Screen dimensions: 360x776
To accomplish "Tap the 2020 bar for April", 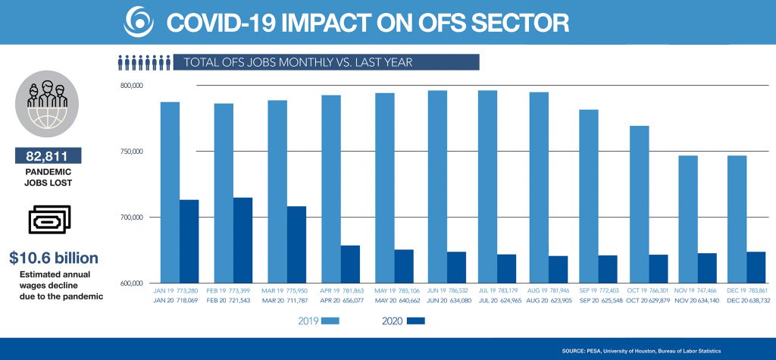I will click(350, 264).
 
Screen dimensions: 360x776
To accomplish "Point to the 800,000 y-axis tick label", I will click(132, 86).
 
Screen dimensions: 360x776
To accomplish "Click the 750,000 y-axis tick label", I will click(132, 152).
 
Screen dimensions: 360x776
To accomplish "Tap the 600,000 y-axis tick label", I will click(132, 283).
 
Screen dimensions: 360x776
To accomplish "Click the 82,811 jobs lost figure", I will click(48, 157).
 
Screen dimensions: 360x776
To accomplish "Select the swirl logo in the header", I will click(138, 21).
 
